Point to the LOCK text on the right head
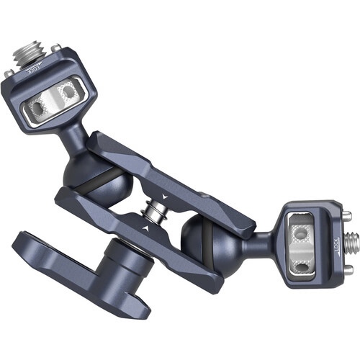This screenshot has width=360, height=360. pyautogui.click(x=337, y=245)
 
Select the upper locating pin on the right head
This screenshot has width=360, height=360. pyautogui.click(x=347, y=215)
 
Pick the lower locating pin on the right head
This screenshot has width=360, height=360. pyautogui.click(x=348, y=270)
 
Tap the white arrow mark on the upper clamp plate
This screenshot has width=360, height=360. pyautogui.click(x=164, y=197)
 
